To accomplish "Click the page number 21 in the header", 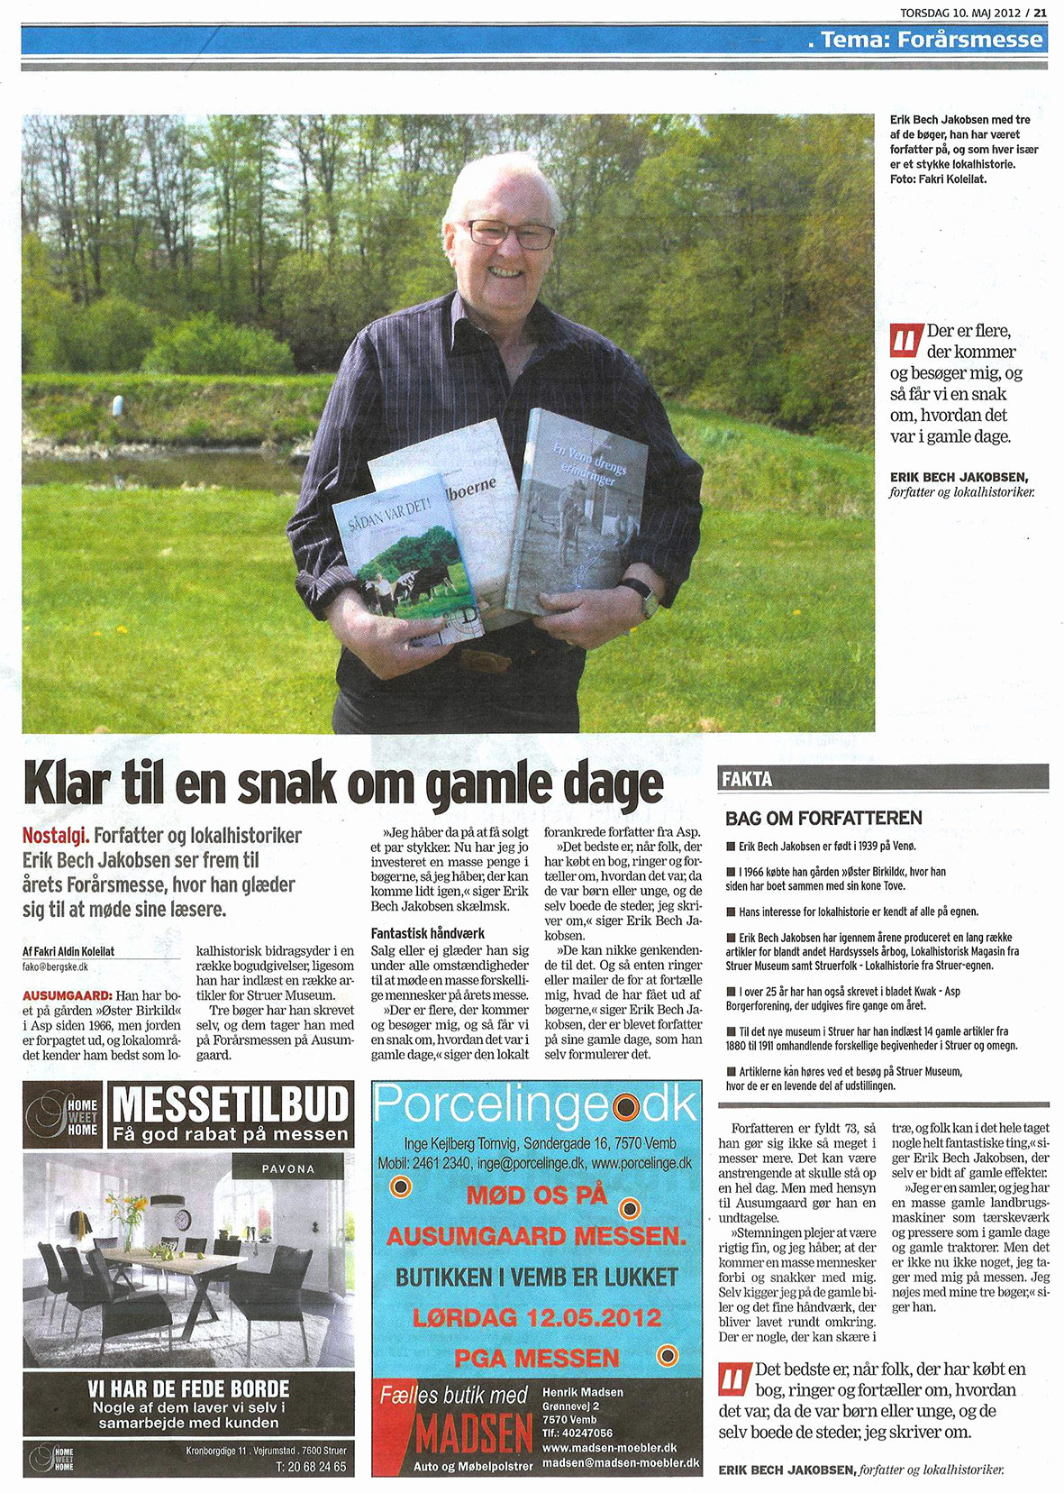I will point(1040,12).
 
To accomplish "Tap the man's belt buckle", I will point(487,660).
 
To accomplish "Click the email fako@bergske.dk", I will point(55,966).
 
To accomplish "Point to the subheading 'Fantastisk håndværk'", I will point(427,933).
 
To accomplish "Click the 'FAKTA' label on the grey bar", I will point(747,779).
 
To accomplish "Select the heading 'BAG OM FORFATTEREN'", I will point(823,818).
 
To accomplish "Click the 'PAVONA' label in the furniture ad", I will point(287,1168).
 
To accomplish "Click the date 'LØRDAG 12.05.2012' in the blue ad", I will point(537,1317).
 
